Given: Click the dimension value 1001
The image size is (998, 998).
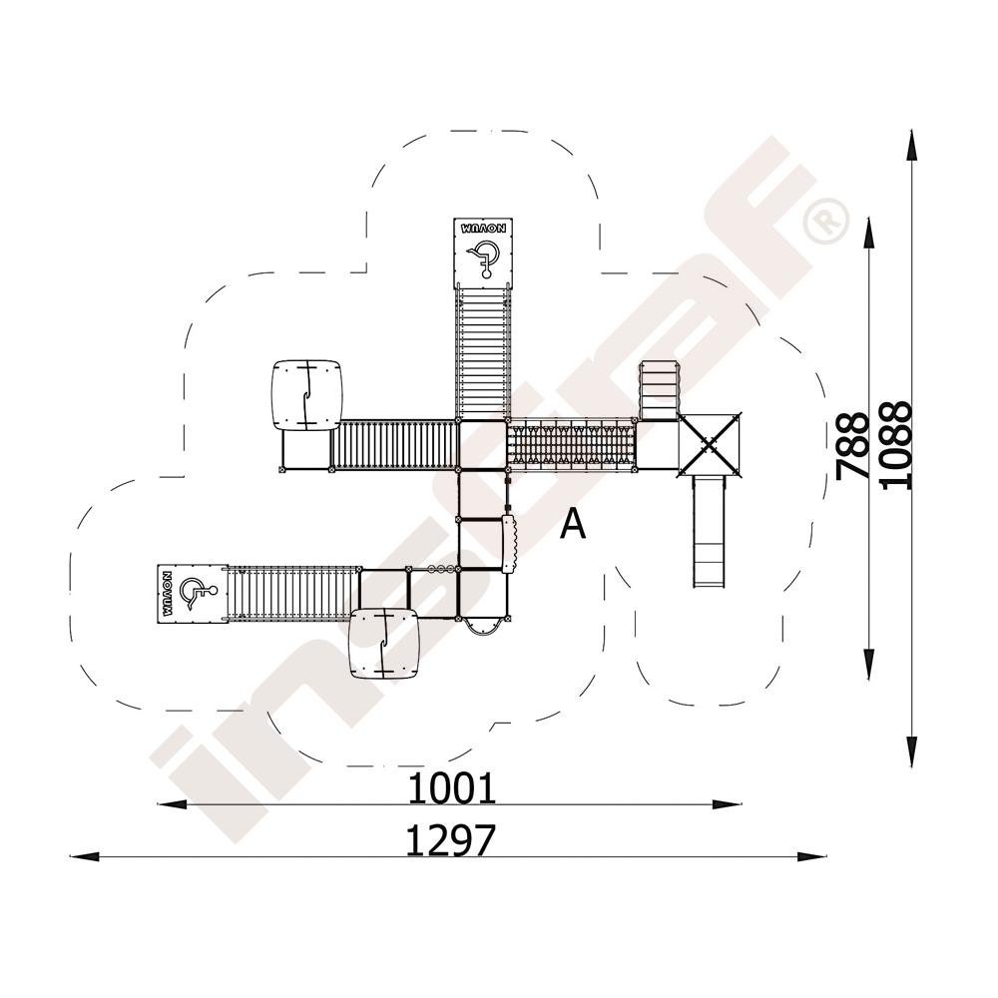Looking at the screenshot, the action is pos(451,788).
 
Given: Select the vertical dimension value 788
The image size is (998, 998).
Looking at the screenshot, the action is pos(852,445).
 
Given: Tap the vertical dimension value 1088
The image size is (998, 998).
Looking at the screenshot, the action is pos(897,445).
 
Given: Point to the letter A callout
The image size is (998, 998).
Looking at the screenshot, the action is pos(573,525).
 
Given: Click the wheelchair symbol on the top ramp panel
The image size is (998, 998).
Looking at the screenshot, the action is pos(484,257).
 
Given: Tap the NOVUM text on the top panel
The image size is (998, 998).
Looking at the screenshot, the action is pos(484,228).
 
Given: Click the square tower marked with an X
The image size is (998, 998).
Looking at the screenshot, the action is pos(709,444).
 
